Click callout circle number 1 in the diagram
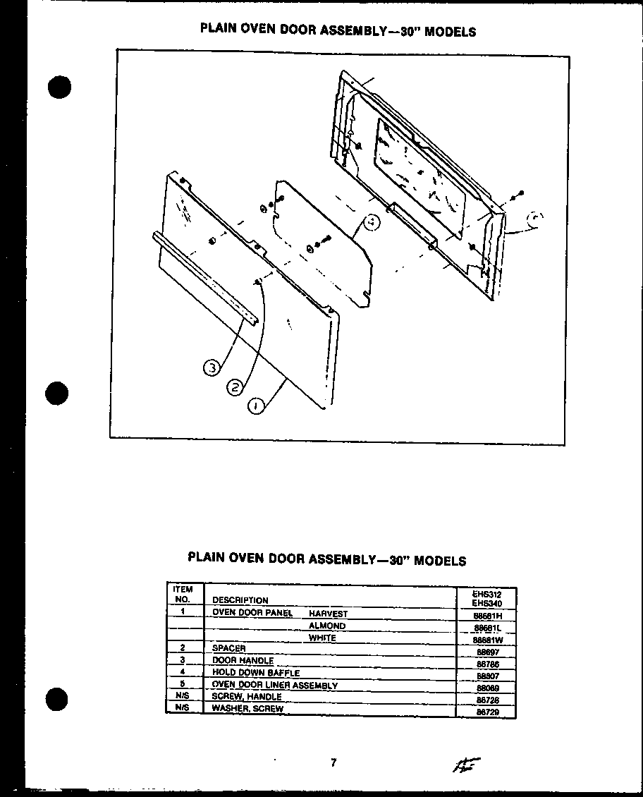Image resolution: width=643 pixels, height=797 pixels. [x=257, y=406]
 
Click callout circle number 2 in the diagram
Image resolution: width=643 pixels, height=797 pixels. [x=235, y=387]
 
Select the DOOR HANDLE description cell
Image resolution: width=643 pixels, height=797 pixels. [x=243, y=661]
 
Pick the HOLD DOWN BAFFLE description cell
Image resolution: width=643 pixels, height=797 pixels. [x=255, y=673]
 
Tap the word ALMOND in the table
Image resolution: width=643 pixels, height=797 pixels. [x=326, y=626]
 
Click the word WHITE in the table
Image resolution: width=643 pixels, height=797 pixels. [x=322, y=638]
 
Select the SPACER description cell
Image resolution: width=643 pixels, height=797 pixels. [x=228, y=647]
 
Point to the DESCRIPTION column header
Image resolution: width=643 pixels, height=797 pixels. [x=240, y=600]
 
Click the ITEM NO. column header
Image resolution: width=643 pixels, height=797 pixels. [x=183, y=594]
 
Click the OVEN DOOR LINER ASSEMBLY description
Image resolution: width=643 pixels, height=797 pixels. [x=274, y=685]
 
